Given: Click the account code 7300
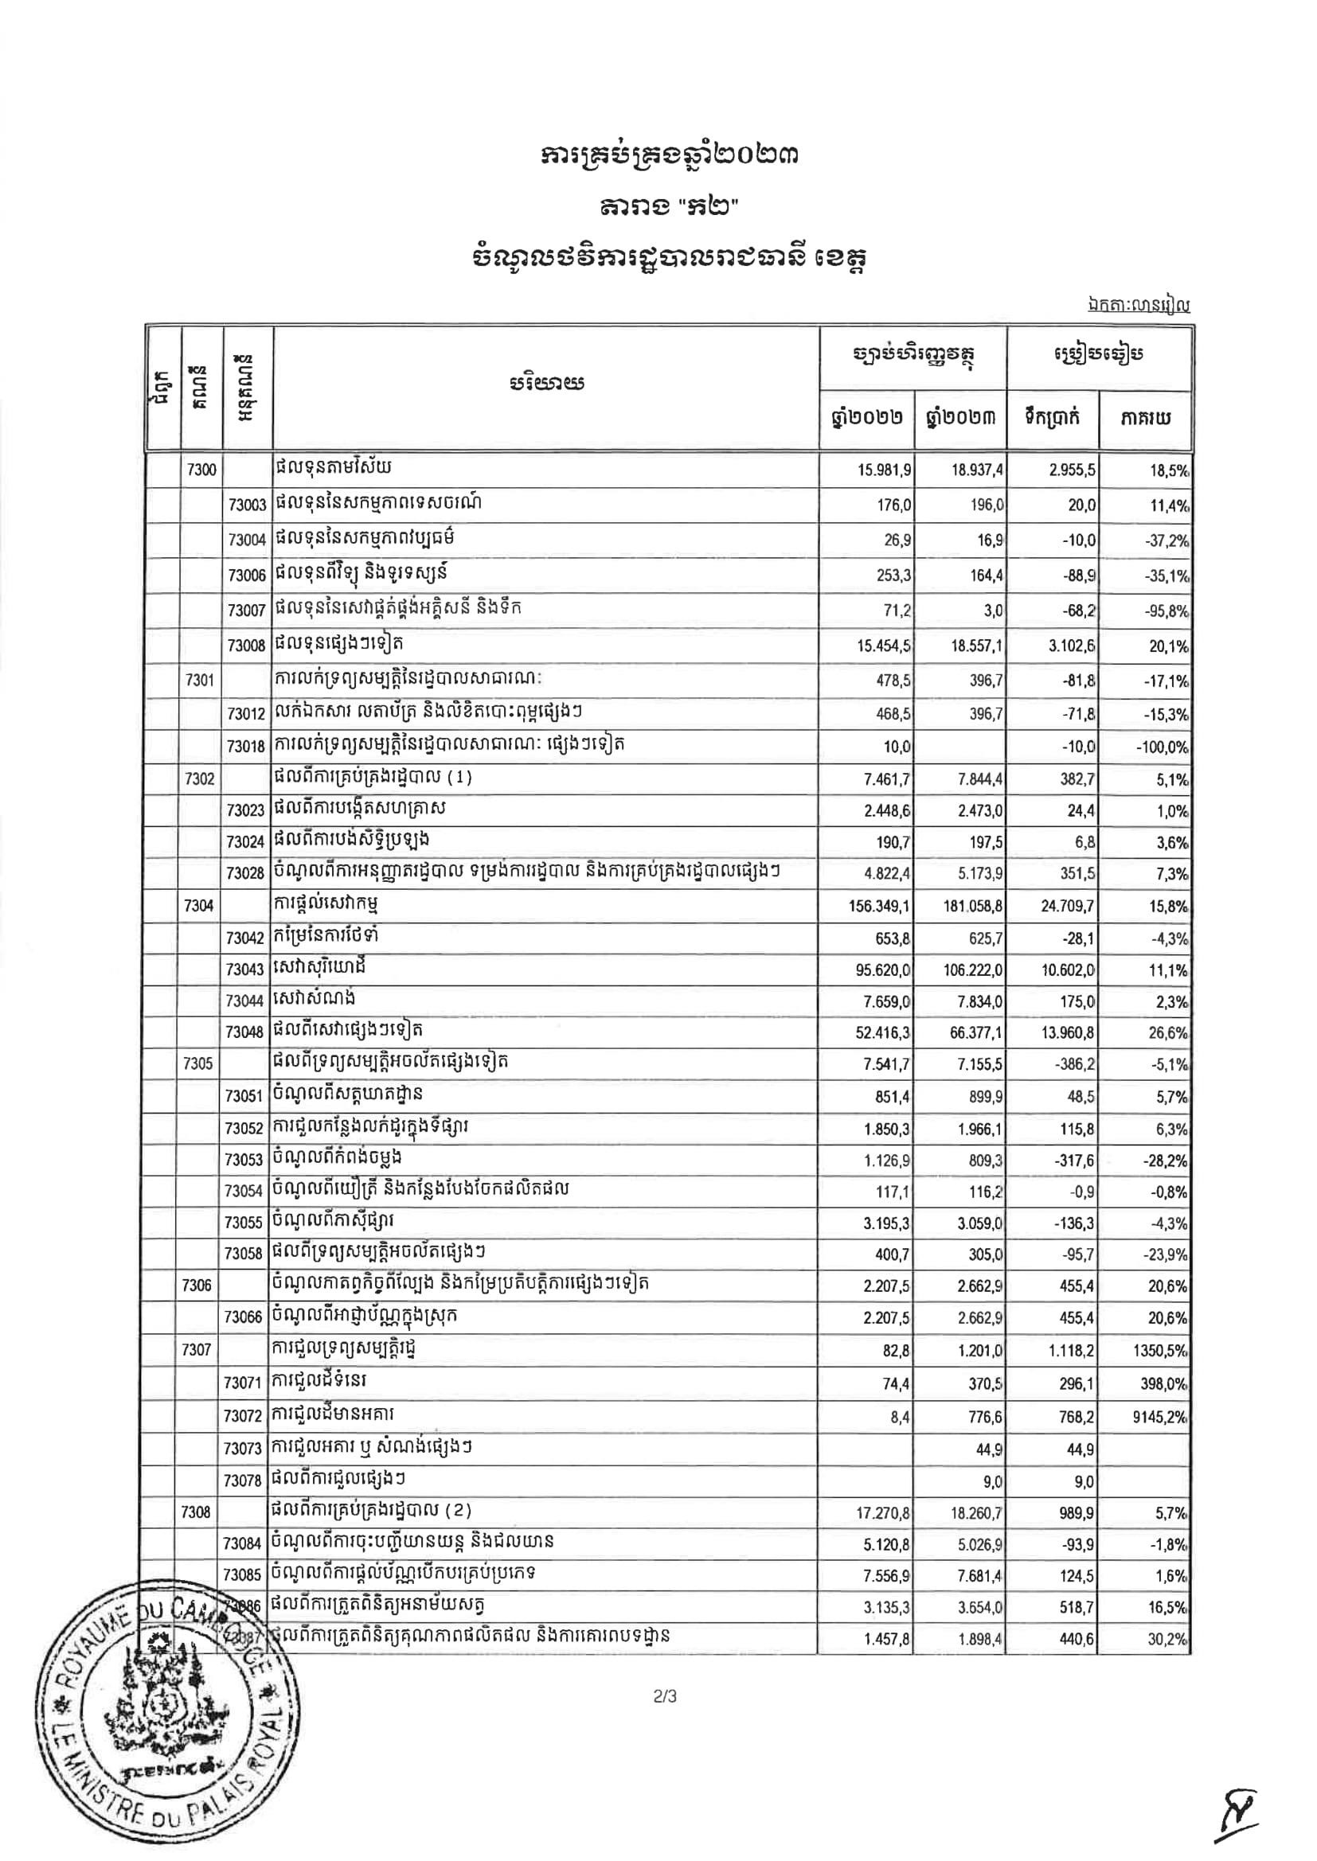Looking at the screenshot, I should (x=201, y=470).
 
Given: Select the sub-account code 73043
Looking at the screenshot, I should (x=246, y=970).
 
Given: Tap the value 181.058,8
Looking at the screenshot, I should (x=962, y=906).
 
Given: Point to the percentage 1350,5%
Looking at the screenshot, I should (x=1163, y=1350).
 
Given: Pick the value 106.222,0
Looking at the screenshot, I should (x=962, y=970).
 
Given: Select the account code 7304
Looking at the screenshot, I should (x=199, y=905).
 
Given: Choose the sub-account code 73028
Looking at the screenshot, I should (x=246, y=874).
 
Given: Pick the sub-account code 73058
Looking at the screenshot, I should (x=244, y=1254).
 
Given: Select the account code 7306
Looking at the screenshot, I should (x=197, y=1286).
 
